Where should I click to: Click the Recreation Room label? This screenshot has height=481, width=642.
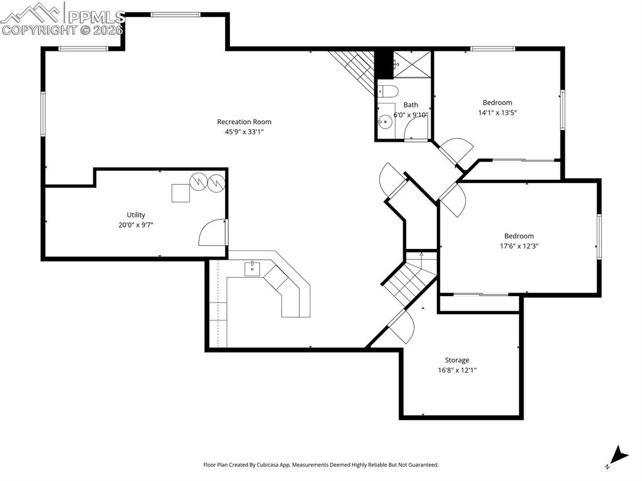click(244, 122)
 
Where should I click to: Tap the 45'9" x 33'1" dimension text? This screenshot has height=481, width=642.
click(244, 132)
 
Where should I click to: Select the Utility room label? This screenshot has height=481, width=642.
click(135, 214)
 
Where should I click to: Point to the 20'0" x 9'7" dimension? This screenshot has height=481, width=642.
click(135, 224)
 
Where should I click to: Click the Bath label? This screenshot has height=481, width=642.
click(411, 105)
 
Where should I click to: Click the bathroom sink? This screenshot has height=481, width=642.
click(384, 119)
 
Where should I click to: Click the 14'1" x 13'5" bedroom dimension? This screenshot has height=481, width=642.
click(497, 112)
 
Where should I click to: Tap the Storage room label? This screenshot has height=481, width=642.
click(457, 360)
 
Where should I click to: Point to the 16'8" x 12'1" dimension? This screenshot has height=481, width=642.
click(457, 370)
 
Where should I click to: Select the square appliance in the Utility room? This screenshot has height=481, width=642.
click(181, 193)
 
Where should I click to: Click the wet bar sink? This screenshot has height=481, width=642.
click(252, 269)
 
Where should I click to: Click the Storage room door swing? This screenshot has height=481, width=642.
click(403, 327)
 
